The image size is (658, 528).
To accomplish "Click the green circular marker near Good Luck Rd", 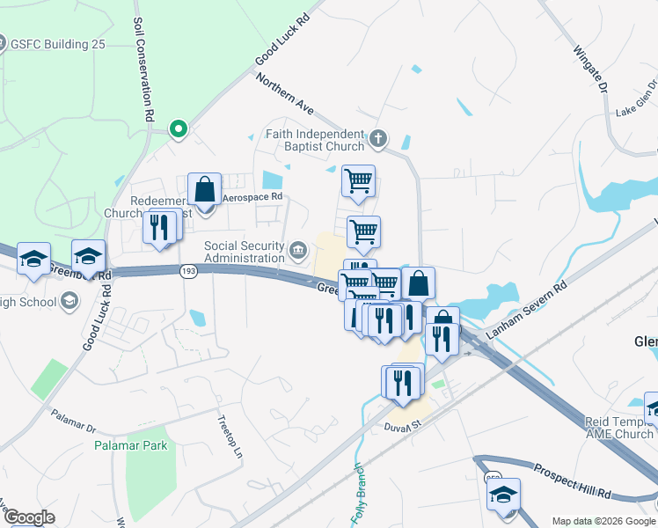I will (179, 129).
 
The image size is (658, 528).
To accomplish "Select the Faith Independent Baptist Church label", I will (314, 140).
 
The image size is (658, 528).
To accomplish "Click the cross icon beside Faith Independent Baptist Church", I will (378, 138).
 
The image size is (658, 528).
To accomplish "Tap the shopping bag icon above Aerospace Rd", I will (205, 188).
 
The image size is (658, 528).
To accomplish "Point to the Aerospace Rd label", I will (252, 197).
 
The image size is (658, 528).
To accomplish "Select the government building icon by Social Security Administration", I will (299, 252).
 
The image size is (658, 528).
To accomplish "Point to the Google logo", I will (29, 518).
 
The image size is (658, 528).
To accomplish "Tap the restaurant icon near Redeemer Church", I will (158, 227).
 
